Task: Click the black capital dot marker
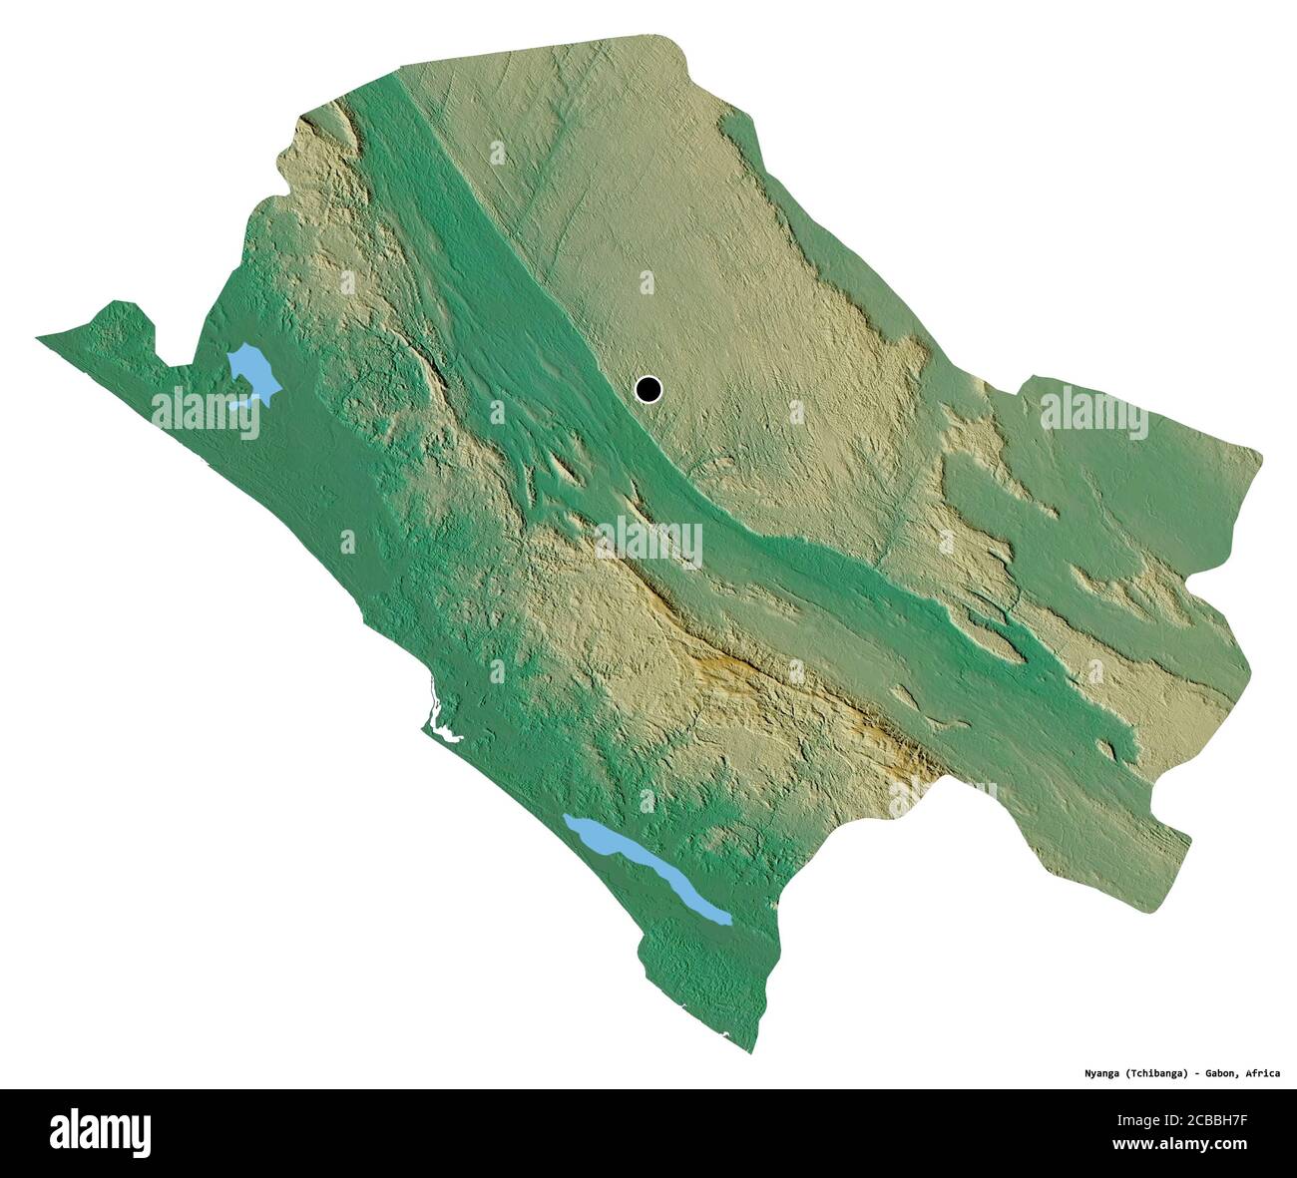pyautogui.click(x=648, y=389)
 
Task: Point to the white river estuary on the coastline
pyautogui.click(x=437, y=722)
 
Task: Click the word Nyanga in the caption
pyautogui.click(x=1106, y=1074)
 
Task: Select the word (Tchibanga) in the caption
pyautogui.click(x=1168, y=1074)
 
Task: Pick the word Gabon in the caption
pyautogui.click(x=1231, y=1074)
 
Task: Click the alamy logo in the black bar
pyautogui.click(x=100, y=1133)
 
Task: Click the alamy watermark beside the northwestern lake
pyautogui.click(x=206, y=413)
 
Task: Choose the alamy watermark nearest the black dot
pyautogui.click(x=648, y=541)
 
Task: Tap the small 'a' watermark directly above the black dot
pyautogui.click(x=647, y=283)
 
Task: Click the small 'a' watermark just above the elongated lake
pyautogui.click(x=647, y=800)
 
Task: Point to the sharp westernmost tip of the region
pyautogui.click(x=38, y=339)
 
